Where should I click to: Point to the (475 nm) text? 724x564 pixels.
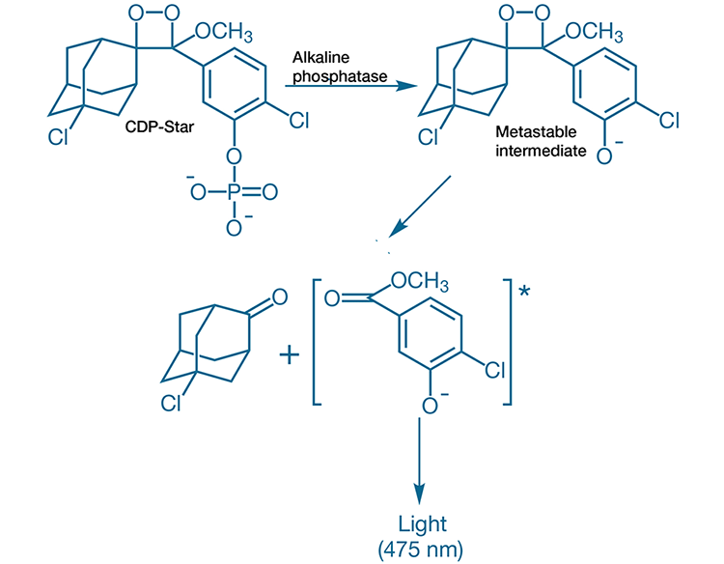(x=423, y=548)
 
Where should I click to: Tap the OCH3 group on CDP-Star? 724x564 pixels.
(x=224, y=36)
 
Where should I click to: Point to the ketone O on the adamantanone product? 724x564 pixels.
(x=280, y=298)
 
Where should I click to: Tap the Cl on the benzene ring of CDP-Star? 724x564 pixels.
(x=298, y=122)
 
